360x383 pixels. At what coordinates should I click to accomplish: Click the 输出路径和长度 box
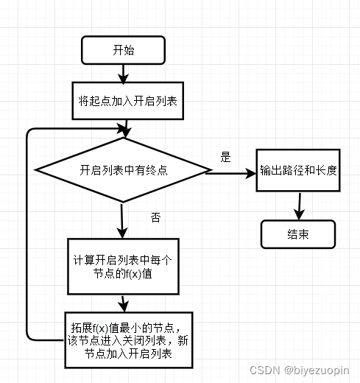tap(298, 170)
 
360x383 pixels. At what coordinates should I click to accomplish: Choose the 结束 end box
tap(297, 235)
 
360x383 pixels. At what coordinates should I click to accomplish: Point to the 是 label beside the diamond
tap(226, 157)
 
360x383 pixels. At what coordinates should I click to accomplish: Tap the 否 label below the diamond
tap(155, 217)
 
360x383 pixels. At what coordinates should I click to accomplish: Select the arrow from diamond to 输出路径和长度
tap(230, 174)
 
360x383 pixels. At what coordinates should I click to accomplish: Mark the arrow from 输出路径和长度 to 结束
tap(298, 206)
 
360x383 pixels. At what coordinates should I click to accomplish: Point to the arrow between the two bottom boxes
tap(123, 303)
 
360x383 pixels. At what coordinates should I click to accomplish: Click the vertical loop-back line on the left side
tap(27, 236)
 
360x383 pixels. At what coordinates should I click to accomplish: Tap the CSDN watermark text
tap(263, 370)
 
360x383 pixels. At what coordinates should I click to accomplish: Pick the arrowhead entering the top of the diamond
tap(127, 133)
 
